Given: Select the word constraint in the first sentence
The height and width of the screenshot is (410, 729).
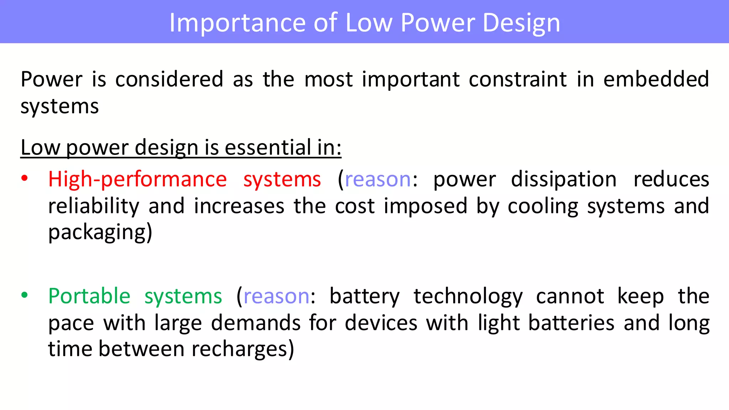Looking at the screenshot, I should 518,79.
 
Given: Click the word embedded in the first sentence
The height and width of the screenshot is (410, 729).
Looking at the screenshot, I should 656,79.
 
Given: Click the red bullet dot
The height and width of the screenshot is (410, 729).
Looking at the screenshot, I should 24,178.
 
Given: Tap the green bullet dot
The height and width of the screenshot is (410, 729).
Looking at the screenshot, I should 24,295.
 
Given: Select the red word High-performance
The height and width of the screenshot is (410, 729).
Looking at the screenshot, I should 137,179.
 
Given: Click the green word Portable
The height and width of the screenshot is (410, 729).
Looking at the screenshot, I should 89,296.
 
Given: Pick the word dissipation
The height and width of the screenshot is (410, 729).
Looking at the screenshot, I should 564,179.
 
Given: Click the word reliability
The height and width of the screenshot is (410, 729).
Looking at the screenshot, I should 94,206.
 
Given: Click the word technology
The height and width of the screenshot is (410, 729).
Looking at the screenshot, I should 468,296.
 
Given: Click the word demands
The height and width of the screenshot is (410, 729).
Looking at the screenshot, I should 256,323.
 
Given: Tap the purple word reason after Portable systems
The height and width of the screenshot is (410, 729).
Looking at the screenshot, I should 277,296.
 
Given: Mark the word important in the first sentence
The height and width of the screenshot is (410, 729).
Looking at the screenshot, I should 410,79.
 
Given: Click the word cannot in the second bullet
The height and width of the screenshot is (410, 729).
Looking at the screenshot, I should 570,296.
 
